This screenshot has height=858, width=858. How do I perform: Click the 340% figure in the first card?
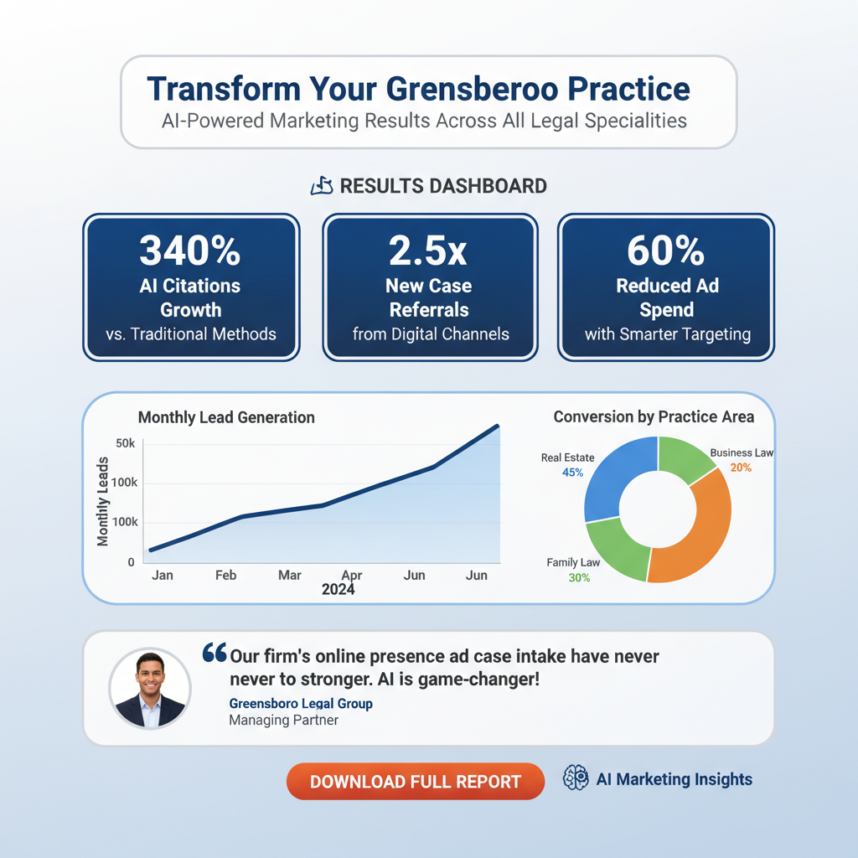[190, 250]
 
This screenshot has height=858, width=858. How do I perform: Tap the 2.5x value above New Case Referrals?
[429, 250]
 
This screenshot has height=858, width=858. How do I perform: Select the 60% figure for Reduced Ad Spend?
[666, 250]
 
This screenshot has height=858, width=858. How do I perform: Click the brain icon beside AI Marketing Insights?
[576, 779]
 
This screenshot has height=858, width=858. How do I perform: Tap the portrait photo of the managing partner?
[150, 688]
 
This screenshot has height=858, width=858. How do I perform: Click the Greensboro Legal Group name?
[301, 703]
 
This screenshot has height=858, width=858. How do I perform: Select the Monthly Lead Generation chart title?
[226, 416]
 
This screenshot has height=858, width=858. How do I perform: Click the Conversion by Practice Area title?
[654, 416]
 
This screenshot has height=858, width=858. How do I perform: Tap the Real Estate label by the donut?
[567, 457]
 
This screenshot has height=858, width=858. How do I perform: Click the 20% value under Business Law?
[741, 468]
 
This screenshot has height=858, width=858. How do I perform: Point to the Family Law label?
[573, 562]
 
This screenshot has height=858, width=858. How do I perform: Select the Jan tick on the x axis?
[162, 576]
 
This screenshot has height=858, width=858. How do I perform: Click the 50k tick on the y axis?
[124, 442]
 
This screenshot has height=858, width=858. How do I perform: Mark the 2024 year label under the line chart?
[338, 590]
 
